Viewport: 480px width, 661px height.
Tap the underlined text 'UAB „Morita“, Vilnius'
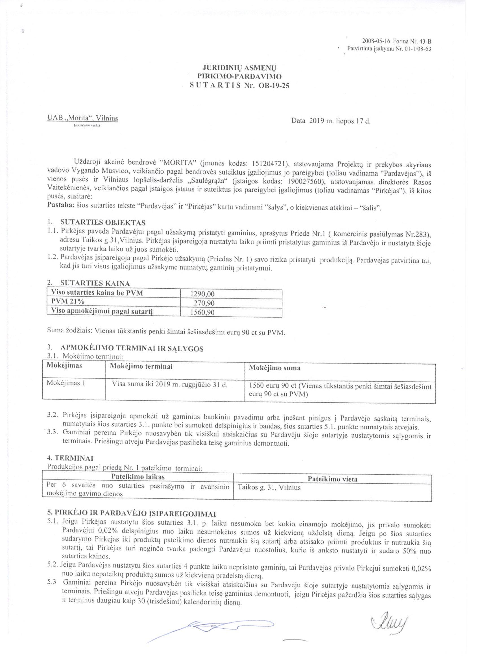pos(82,118)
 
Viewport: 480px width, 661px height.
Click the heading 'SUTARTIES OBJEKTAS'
pos(103,223)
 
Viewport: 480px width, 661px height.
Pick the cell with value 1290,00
pos(202,294)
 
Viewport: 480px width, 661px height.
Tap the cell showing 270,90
pos(204,303)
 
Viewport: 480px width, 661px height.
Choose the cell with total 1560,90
pos(202,312)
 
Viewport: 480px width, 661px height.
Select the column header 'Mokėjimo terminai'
pos(141,366)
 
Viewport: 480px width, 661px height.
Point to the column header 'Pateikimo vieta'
pos(332,479)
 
